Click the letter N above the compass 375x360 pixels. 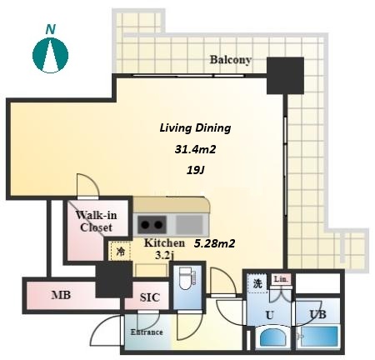tap(51, 29)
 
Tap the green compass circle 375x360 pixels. tap(50, 55)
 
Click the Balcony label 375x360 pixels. tap(231, 60)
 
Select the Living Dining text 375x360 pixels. tap(195, 128)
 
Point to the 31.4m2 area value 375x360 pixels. tap(195, 149)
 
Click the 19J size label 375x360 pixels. tap(195, 170)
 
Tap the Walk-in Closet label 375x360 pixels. tap(96, 222)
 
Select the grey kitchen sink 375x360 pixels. tap(189, 224)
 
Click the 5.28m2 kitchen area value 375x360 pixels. tap(214, 243)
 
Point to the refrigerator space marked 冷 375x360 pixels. tap(120, 252)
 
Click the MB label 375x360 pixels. tap(61, 295)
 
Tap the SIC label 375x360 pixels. tap(150, 297)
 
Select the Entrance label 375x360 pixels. tap(147, 332)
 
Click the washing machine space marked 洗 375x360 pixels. tap(257, 283)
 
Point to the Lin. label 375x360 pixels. tap(281, 279)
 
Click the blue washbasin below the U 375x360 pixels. tap(272, 337)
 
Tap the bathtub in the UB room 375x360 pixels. tap(319, 337)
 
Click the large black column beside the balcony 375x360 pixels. tap(285, 76)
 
